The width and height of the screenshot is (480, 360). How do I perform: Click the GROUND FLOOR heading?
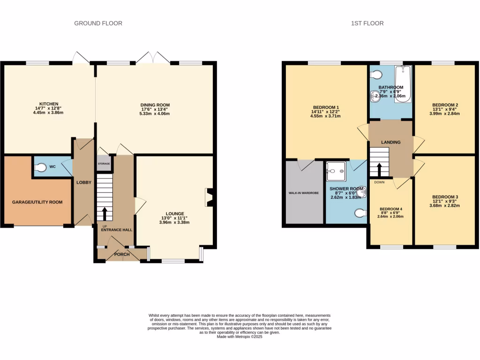98,23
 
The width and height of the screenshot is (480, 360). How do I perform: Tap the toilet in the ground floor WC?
41,167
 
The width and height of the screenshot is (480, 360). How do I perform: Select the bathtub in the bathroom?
403,84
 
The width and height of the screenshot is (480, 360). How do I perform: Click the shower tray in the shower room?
336,171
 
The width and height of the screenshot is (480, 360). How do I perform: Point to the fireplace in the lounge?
209,197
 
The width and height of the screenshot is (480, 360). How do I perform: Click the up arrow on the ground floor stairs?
105,214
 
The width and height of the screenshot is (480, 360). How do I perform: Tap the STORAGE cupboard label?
104,164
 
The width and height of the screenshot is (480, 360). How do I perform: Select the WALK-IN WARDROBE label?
303,193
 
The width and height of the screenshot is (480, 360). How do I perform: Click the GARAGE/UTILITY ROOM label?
37,202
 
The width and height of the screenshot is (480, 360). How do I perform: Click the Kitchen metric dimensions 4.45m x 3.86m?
49,113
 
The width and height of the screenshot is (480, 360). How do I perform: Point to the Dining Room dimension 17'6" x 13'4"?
155,109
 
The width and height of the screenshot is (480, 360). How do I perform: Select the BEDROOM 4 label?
390,209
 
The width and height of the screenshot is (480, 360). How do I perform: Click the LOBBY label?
84,182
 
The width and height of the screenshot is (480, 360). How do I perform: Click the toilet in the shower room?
360,213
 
